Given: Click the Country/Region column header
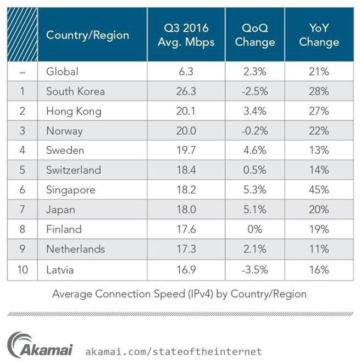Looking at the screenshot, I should coord(87,35).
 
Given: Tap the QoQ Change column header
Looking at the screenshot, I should coord(254,35).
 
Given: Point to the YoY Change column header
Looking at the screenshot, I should coord(319,35).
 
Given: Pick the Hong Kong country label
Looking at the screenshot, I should coord(74,111).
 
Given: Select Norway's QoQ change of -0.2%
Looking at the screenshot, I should coord(254,131).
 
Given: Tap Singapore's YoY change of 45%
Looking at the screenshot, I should coord(319,190).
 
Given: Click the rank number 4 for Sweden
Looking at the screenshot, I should coord(22,151).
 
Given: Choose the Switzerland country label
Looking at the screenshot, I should coord(74,170).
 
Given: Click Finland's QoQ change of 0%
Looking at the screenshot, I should coord(254,230).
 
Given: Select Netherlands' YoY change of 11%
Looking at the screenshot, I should coord(319,250).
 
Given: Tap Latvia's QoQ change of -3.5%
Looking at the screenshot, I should coord(254,269).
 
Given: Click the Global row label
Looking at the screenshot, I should coord(62,71).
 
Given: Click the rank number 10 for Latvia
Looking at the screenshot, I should coord(22,269).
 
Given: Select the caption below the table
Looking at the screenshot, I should coord(179,294).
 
